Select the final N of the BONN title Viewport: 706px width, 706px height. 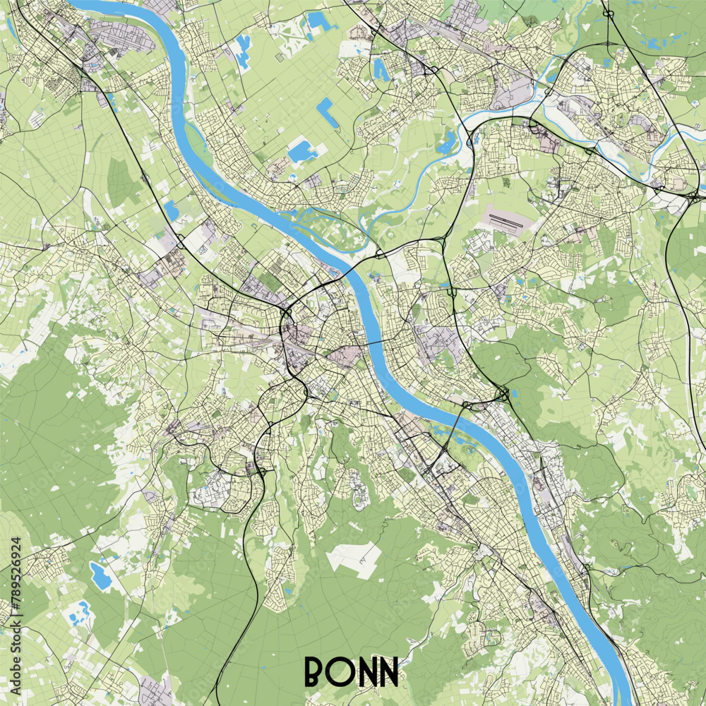(x=388, y=672)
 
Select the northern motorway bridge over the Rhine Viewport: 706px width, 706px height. (x=356, y=265)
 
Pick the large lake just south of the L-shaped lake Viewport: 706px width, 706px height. (x=301, y=150)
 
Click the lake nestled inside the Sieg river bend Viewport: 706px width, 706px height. (x=446, y=144)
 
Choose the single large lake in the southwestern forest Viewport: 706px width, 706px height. (x=100, y=575)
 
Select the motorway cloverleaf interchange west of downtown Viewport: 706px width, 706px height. (x=287, y=311)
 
